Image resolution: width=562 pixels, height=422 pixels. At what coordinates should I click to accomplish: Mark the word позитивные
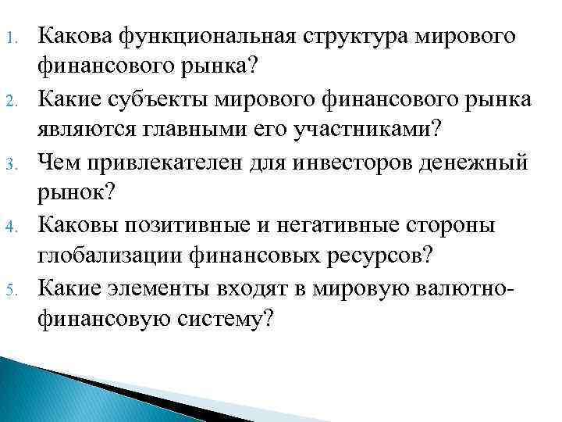200,227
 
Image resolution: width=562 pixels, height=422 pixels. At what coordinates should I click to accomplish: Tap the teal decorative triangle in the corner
47,395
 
